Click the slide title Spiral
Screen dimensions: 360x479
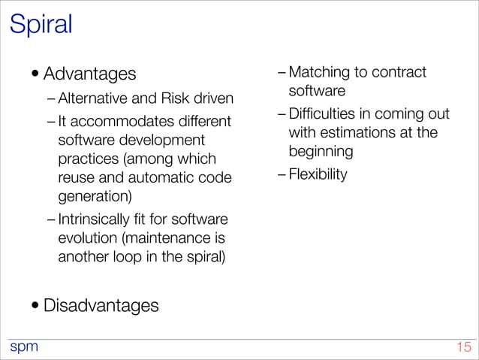[x=41, y=24]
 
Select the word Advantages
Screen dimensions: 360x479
[x=90, y=74]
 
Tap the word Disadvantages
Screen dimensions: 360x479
[x=101, y=306]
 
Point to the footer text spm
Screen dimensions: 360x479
[x=23, y=346]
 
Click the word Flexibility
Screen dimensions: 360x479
[x=318, y=175]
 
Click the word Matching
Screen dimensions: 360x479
[x=320, y=73]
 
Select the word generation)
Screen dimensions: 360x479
[x=95, y=197]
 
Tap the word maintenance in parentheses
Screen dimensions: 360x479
[x=172, y=238]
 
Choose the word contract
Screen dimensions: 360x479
[x=398, y=73]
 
